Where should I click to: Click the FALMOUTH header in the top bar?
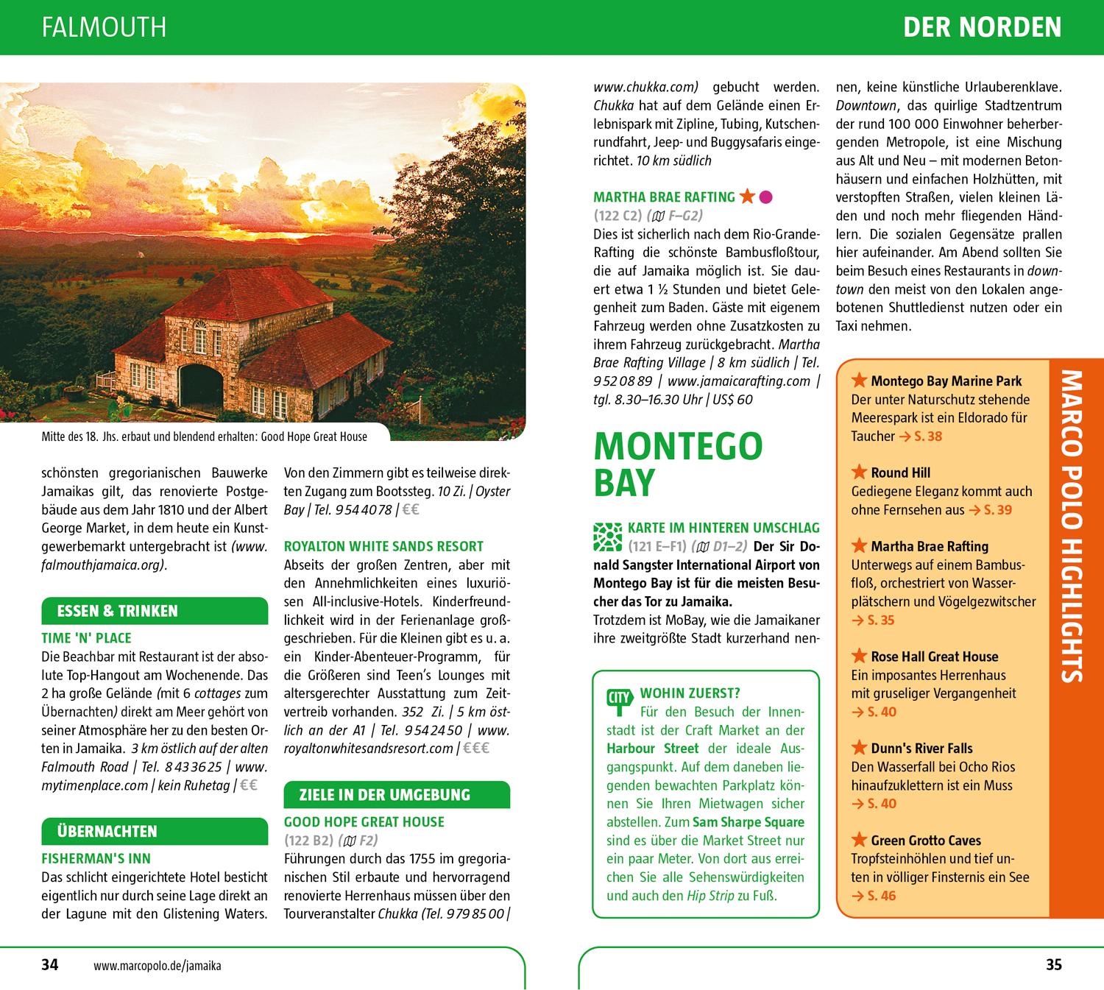[105, 27]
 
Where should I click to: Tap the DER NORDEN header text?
[982, 27]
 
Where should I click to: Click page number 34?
[49, 964]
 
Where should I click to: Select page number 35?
[1054, 964]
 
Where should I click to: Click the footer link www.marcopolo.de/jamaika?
[158, 965]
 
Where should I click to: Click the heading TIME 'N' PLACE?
[87, 638]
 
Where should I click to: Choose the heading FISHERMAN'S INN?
[96, 858]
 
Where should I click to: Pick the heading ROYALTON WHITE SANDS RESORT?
[383, 546]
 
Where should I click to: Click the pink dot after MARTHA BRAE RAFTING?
[765, 197]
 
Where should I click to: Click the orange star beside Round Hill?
[858, 473]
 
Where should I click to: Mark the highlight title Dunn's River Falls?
[921, 749]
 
